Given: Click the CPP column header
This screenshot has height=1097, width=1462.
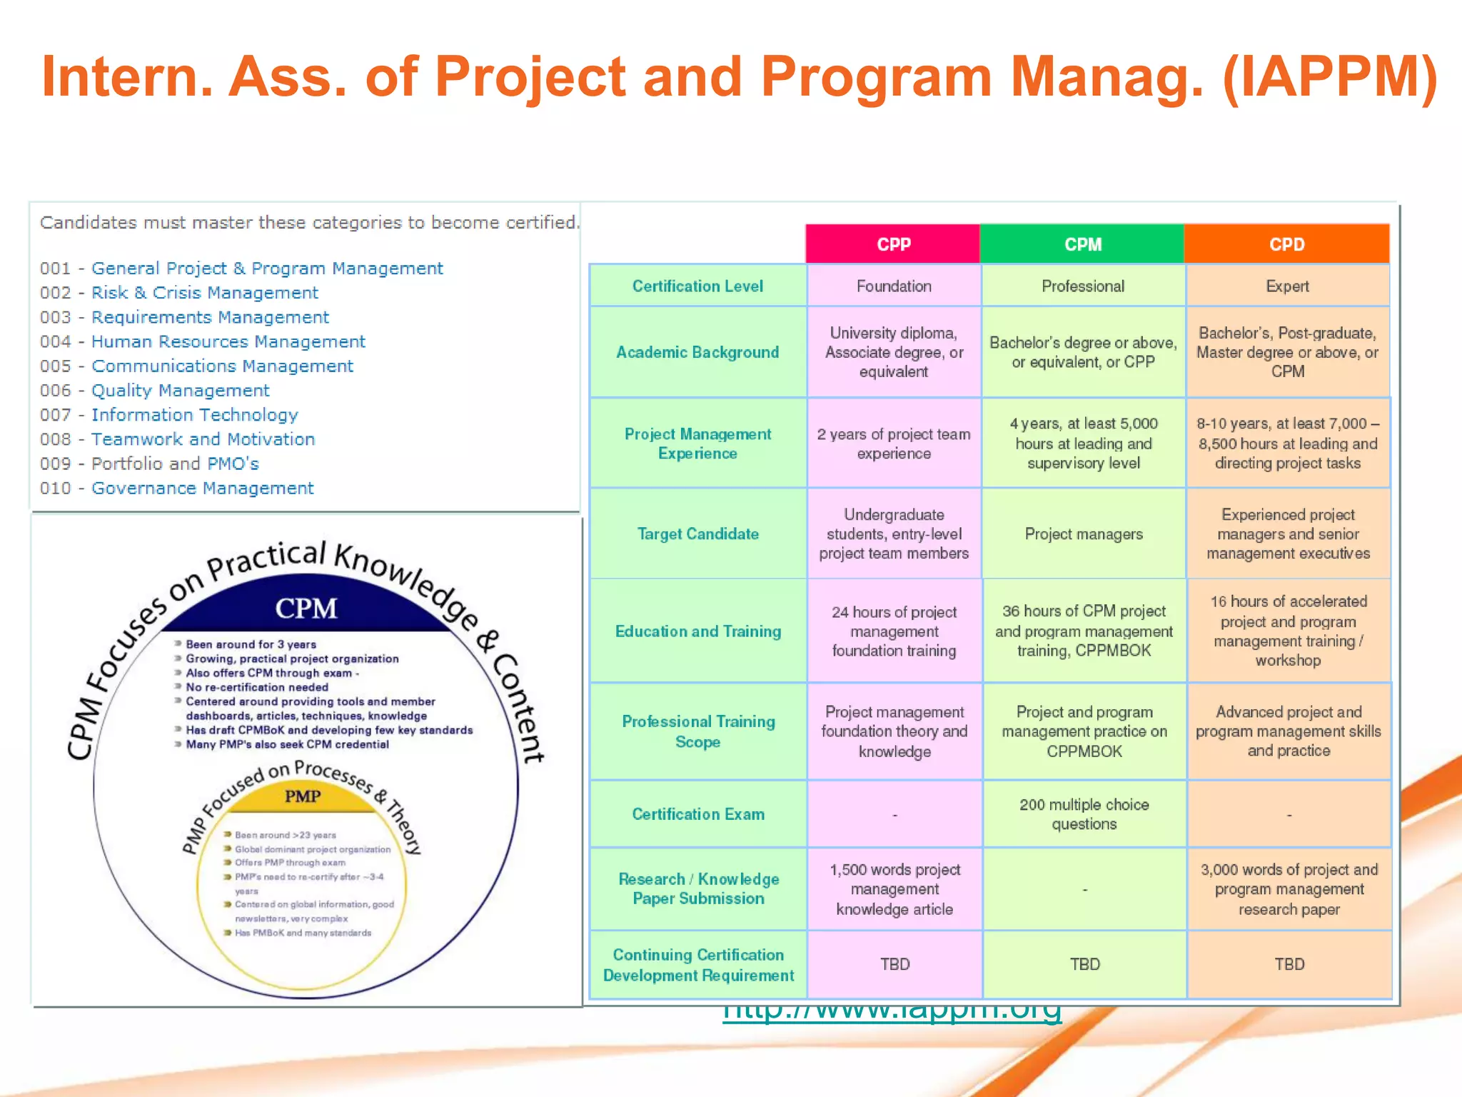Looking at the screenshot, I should (893, 244).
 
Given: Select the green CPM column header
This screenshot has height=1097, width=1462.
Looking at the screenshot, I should (1082, 244).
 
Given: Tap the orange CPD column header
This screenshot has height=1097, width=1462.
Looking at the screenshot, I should (1286, 244).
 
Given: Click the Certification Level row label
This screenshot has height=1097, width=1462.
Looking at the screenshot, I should (697, 286).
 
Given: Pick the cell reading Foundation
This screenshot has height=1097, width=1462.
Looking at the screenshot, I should (894, 286).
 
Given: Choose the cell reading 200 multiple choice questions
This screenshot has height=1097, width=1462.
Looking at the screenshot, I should (1084, 814).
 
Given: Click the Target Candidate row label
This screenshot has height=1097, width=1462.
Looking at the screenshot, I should (697, 534).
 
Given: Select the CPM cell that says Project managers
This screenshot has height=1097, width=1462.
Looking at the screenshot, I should (1084, 534).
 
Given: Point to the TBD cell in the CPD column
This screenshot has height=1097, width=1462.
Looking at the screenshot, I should (1289, 964).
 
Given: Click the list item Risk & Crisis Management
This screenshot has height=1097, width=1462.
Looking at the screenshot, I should (204, 293).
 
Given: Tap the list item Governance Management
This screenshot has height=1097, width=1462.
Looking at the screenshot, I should (202, 489).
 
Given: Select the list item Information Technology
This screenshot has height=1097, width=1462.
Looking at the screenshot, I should (194, 415).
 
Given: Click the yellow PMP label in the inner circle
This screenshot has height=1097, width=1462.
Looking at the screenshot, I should (303, 796).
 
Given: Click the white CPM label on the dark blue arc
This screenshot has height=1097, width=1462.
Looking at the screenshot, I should (306, 608).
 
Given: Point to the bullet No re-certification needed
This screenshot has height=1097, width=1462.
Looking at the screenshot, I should (256, 687).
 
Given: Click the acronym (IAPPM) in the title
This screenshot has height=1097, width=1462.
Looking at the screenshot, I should (1329, 77).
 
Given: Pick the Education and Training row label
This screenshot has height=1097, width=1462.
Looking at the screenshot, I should (697, 631).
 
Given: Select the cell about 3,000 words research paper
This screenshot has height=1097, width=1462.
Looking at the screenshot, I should (1289, 889).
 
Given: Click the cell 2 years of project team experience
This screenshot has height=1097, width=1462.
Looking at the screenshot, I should (894, 444).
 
